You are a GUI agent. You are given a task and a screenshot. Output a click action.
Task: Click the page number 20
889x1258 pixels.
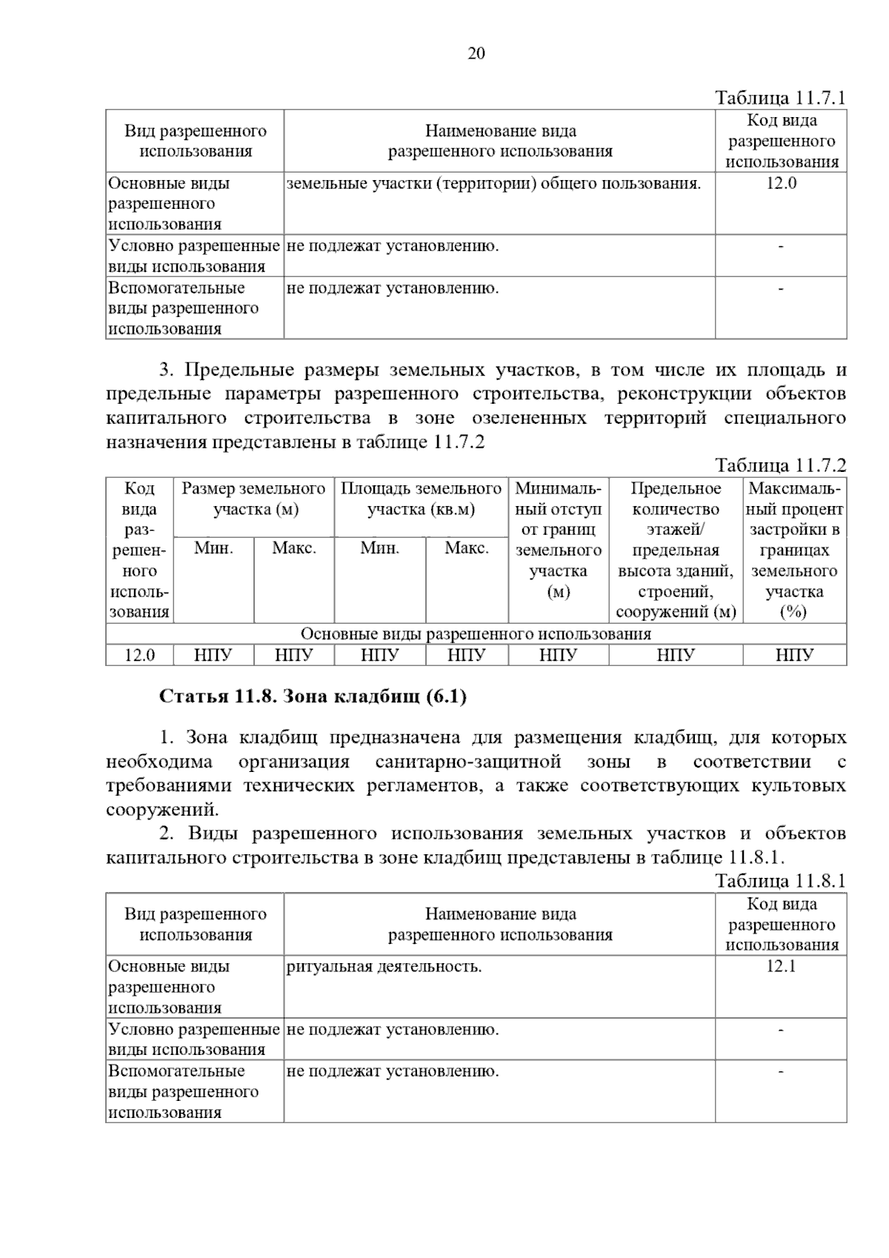point(476,53)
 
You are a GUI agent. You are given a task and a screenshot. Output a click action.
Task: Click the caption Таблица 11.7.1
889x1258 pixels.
point(780,98)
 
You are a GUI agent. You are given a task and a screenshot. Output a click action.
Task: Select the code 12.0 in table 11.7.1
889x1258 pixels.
point(781,184)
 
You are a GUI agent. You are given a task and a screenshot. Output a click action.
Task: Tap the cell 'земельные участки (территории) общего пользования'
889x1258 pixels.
point(493,184)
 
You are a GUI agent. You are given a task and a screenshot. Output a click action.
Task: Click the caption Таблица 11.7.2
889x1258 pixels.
point(780,465)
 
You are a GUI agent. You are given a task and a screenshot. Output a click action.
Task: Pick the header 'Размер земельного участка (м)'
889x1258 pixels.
point(253,499)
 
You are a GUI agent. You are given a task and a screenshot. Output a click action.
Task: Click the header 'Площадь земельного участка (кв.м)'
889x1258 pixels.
point(421,499)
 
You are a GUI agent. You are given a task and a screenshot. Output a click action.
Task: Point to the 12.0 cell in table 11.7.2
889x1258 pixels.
point(139,656)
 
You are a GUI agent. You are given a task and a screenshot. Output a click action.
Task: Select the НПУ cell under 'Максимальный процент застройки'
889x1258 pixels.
point(794,656)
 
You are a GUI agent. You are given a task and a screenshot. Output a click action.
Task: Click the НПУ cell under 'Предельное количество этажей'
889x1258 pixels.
point(675,656)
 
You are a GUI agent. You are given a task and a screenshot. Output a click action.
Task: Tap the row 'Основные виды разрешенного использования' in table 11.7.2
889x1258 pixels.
point(476,634)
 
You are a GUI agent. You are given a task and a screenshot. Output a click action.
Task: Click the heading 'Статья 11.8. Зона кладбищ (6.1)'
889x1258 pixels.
point(313,697)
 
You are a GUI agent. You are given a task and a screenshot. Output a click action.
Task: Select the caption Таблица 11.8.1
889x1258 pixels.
point(780,881)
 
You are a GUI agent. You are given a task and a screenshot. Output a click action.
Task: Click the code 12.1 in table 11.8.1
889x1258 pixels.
point(781,967)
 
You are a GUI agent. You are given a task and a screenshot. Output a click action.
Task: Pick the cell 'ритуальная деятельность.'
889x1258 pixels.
point(384,967)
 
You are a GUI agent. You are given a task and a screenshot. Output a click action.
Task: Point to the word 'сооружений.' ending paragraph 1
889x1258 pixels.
point(162,810)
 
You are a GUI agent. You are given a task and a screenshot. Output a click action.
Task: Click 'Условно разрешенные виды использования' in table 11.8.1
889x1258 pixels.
point(194,1039)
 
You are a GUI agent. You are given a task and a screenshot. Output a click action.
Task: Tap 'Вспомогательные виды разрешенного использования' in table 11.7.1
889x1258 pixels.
point(184,308)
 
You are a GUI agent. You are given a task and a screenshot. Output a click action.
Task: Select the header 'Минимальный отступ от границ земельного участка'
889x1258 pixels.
point(558,540)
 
